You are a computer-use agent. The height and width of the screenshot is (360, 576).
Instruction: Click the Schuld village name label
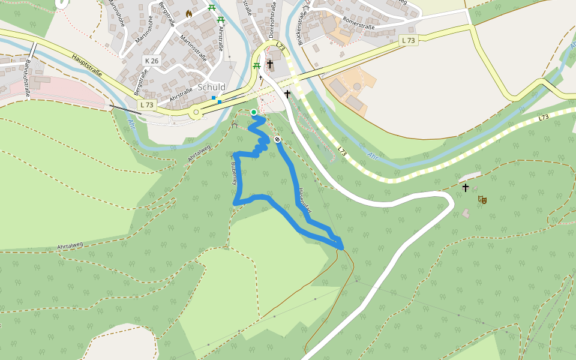coord(211,87)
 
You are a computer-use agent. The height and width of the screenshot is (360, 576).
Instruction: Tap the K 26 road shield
coord(151,61)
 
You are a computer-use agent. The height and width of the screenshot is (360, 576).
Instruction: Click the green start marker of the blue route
coord(254,112)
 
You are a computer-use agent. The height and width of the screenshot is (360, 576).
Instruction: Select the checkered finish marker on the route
coord(277,139)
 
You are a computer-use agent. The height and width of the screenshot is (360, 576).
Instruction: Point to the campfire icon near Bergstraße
coord(189,13)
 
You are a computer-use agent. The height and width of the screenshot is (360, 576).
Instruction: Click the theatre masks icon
coord(482,199)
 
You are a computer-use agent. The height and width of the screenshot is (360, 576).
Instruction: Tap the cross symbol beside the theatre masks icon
coord(466,188)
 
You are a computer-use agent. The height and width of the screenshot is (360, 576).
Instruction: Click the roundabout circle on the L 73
coord(196,112)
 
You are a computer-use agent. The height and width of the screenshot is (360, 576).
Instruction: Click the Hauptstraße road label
coord(87,68)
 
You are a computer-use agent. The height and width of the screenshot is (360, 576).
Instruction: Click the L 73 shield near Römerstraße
coord(409,40)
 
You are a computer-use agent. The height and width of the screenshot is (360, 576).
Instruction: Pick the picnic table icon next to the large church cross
coord(257,65)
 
